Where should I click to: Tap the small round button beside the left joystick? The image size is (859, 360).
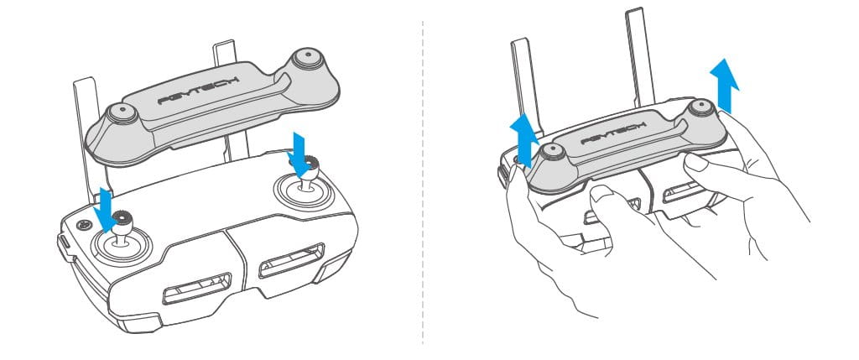tap(82, 224)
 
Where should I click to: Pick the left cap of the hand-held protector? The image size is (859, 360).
tap(551, 152)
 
